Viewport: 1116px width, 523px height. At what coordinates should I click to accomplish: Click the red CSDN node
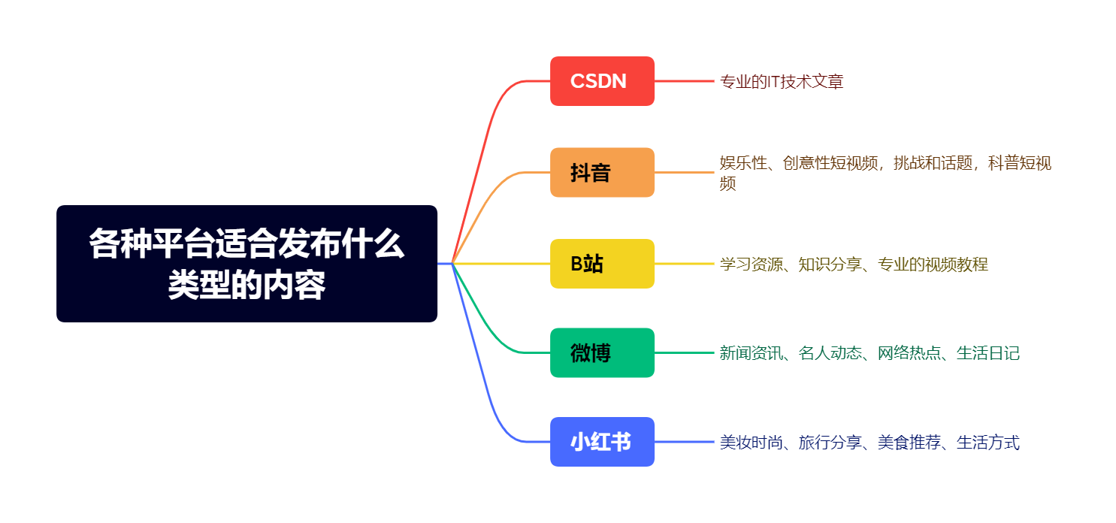[602, 81]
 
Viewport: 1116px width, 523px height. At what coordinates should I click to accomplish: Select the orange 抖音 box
[602, 173]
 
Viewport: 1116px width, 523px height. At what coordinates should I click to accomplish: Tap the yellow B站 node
[602, 264]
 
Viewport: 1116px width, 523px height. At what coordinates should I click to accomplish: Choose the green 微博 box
[602, 352]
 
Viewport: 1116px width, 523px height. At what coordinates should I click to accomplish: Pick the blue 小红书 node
[602, 442]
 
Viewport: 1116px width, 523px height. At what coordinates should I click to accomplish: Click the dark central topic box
[246, 264]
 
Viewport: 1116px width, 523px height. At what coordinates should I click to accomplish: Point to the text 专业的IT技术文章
[782, 82]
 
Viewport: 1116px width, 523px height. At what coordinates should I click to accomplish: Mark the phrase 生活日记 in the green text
[987, 353]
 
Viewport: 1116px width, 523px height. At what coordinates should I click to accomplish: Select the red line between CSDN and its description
[684, 81]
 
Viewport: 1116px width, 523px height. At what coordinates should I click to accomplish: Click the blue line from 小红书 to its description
[684, 442]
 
